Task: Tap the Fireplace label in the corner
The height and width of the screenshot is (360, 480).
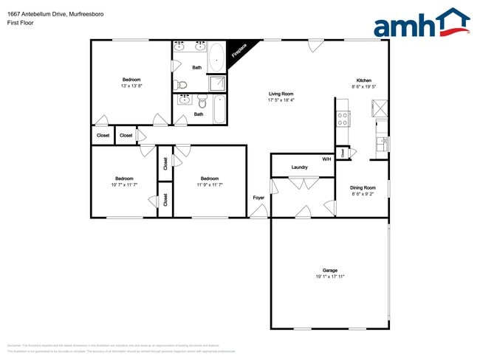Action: pos(238,50)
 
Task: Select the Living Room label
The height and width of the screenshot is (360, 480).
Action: pos(281,94)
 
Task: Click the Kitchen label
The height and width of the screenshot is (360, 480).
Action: pos(363,80)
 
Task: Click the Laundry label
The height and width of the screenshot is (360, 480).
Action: pos(299,167)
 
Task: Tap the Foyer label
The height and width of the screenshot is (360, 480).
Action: pos(258,198)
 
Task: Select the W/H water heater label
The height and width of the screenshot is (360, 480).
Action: pos(326,159)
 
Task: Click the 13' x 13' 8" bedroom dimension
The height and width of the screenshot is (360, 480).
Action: pos(131,86)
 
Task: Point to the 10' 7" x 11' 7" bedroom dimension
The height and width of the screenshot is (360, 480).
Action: pos(124,184)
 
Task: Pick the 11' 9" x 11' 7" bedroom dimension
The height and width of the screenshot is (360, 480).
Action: pos(210,184)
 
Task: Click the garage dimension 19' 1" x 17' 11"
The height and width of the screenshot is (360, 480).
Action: pos(329,277)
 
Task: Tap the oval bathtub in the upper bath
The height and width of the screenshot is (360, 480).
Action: pos(216,56)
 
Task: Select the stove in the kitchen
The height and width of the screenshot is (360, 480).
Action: pos(343,117)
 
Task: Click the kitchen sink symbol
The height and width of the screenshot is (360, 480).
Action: pos(381,144)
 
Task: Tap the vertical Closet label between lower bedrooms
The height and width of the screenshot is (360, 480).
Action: pos(165,199)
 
